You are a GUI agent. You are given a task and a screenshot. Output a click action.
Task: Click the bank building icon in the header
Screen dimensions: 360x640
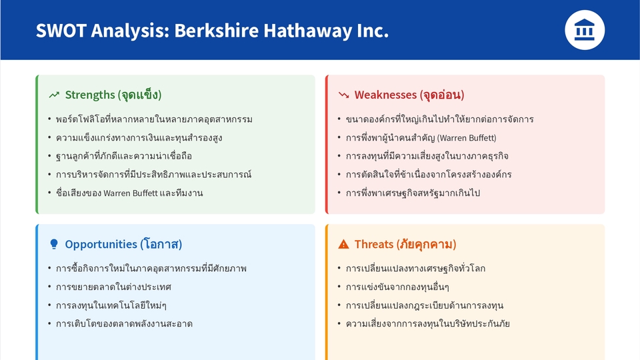(x=585, y=30)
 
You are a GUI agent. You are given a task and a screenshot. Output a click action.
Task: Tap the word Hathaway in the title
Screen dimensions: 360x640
(x=303, y=31)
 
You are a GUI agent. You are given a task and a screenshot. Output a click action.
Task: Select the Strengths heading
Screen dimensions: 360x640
(x=113, y=95)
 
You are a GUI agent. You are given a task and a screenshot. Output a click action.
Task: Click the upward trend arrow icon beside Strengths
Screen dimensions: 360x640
(x=55, y=95)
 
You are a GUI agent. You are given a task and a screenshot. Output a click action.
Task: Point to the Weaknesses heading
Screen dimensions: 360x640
(x=409, y=95)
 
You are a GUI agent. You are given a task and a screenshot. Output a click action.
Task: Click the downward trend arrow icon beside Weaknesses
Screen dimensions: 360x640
(x=344, y=95)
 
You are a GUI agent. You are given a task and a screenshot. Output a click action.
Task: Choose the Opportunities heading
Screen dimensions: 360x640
(x=123, y=244)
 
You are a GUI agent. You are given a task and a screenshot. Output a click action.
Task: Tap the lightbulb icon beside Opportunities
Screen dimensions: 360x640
(x=54, y=245)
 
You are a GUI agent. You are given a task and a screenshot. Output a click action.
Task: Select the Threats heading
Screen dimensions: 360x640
(x=405, y=244)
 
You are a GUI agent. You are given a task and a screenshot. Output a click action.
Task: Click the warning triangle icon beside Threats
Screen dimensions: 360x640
(x=343, y=245)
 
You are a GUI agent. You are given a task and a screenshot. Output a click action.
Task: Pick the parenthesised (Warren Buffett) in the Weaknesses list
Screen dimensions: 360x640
(x=466, y=138)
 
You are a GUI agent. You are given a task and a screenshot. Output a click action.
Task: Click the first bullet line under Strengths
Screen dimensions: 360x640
(x=154, y=119)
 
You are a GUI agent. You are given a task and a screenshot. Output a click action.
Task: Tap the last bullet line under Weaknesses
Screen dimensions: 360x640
(x=413, y=193)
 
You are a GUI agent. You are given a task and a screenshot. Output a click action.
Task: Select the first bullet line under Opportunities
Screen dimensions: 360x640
(x=151, y=269)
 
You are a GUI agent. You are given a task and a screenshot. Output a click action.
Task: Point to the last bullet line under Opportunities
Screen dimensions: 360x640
(x=124, y=324)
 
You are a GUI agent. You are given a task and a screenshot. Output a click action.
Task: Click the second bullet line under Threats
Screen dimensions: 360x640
(x=397, y=287)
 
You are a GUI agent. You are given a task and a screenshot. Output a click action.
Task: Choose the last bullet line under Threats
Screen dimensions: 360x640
(x=428, y=324)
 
